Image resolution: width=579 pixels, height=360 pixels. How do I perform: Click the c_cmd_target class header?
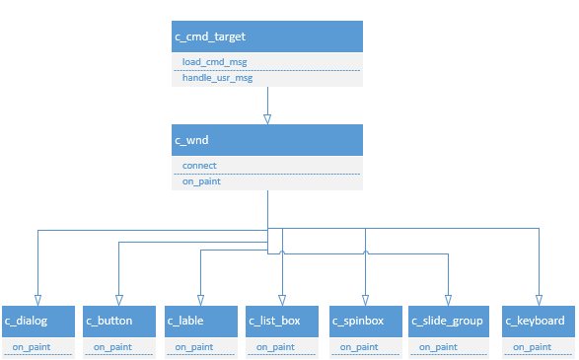267,36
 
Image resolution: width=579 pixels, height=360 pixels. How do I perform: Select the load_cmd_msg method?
216,61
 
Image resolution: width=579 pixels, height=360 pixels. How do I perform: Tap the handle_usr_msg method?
218,78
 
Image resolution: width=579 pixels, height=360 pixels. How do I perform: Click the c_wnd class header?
267,140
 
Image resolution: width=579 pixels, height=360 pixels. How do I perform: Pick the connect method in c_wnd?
200,165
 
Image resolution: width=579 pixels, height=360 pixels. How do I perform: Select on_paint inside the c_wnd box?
201,181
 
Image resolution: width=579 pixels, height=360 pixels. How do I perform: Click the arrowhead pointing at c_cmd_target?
267,118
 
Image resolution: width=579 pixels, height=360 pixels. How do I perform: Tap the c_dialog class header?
37,321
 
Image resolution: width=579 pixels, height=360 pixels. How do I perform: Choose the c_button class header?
119,321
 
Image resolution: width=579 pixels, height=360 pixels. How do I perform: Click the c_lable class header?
201,321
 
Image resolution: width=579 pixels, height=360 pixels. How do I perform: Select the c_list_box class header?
283,321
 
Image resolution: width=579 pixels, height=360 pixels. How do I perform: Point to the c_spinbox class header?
365,321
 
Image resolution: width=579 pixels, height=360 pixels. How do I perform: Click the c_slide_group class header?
447,321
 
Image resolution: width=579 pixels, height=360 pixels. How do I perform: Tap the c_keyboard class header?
539,321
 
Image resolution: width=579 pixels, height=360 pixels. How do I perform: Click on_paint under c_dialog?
31,347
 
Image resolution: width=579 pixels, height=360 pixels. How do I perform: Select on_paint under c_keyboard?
532,347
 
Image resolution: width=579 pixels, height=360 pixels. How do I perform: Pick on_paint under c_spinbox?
359,347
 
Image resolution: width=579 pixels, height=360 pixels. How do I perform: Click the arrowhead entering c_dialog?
37,299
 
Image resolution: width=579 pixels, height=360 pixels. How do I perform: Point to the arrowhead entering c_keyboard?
539,299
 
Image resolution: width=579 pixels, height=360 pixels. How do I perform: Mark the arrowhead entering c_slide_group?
447,299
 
